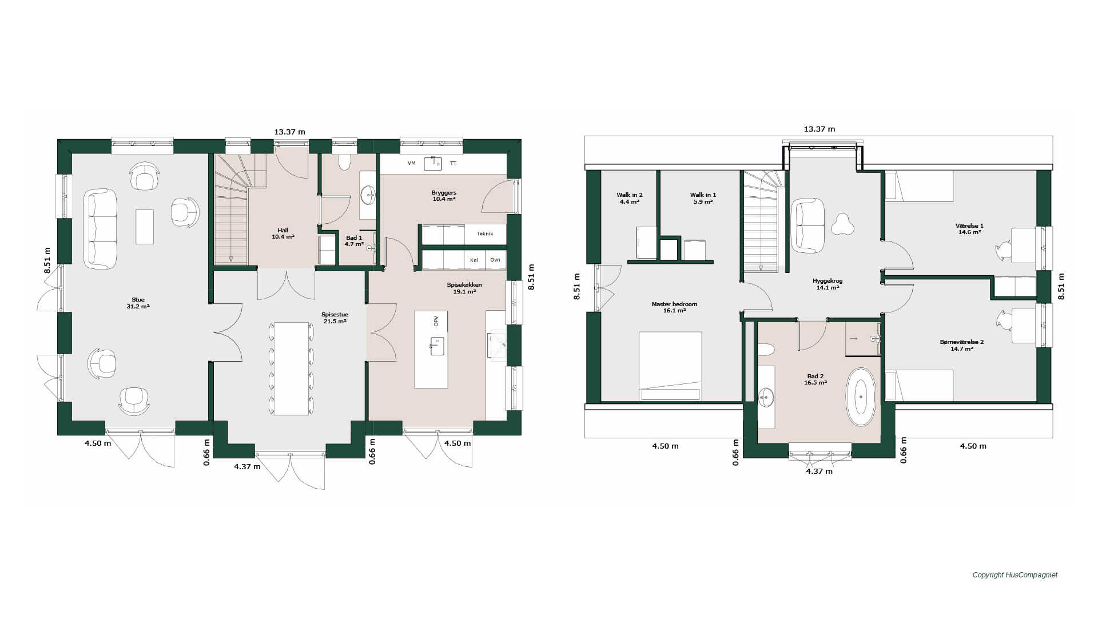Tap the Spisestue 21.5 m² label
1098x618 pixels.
click(335, 318)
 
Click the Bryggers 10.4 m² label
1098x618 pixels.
click(444, 196)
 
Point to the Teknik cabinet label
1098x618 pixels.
click(484, 233)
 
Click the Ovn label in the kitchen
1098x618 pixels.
click(495, 260)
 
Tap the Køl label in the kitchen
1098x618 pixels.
click(474, 260)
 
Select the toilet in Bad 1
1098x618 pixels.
click(344, 162)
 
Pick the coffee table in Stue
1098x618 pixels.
click(145, 227)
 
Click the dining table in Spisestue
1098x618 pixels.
click(292, 369)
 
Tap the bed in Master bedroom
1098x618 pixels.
click(670, 366)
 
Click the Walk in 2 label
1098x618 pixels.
click(630, 198)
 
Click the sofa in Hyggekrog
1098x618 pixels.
click(807, 225)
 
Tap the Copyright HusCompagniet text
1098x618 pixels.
click(1015, 575)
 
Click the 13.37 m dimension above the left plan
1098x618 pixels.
click(289, 132)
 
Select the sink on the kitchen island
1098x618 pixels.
click(437, 346)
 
